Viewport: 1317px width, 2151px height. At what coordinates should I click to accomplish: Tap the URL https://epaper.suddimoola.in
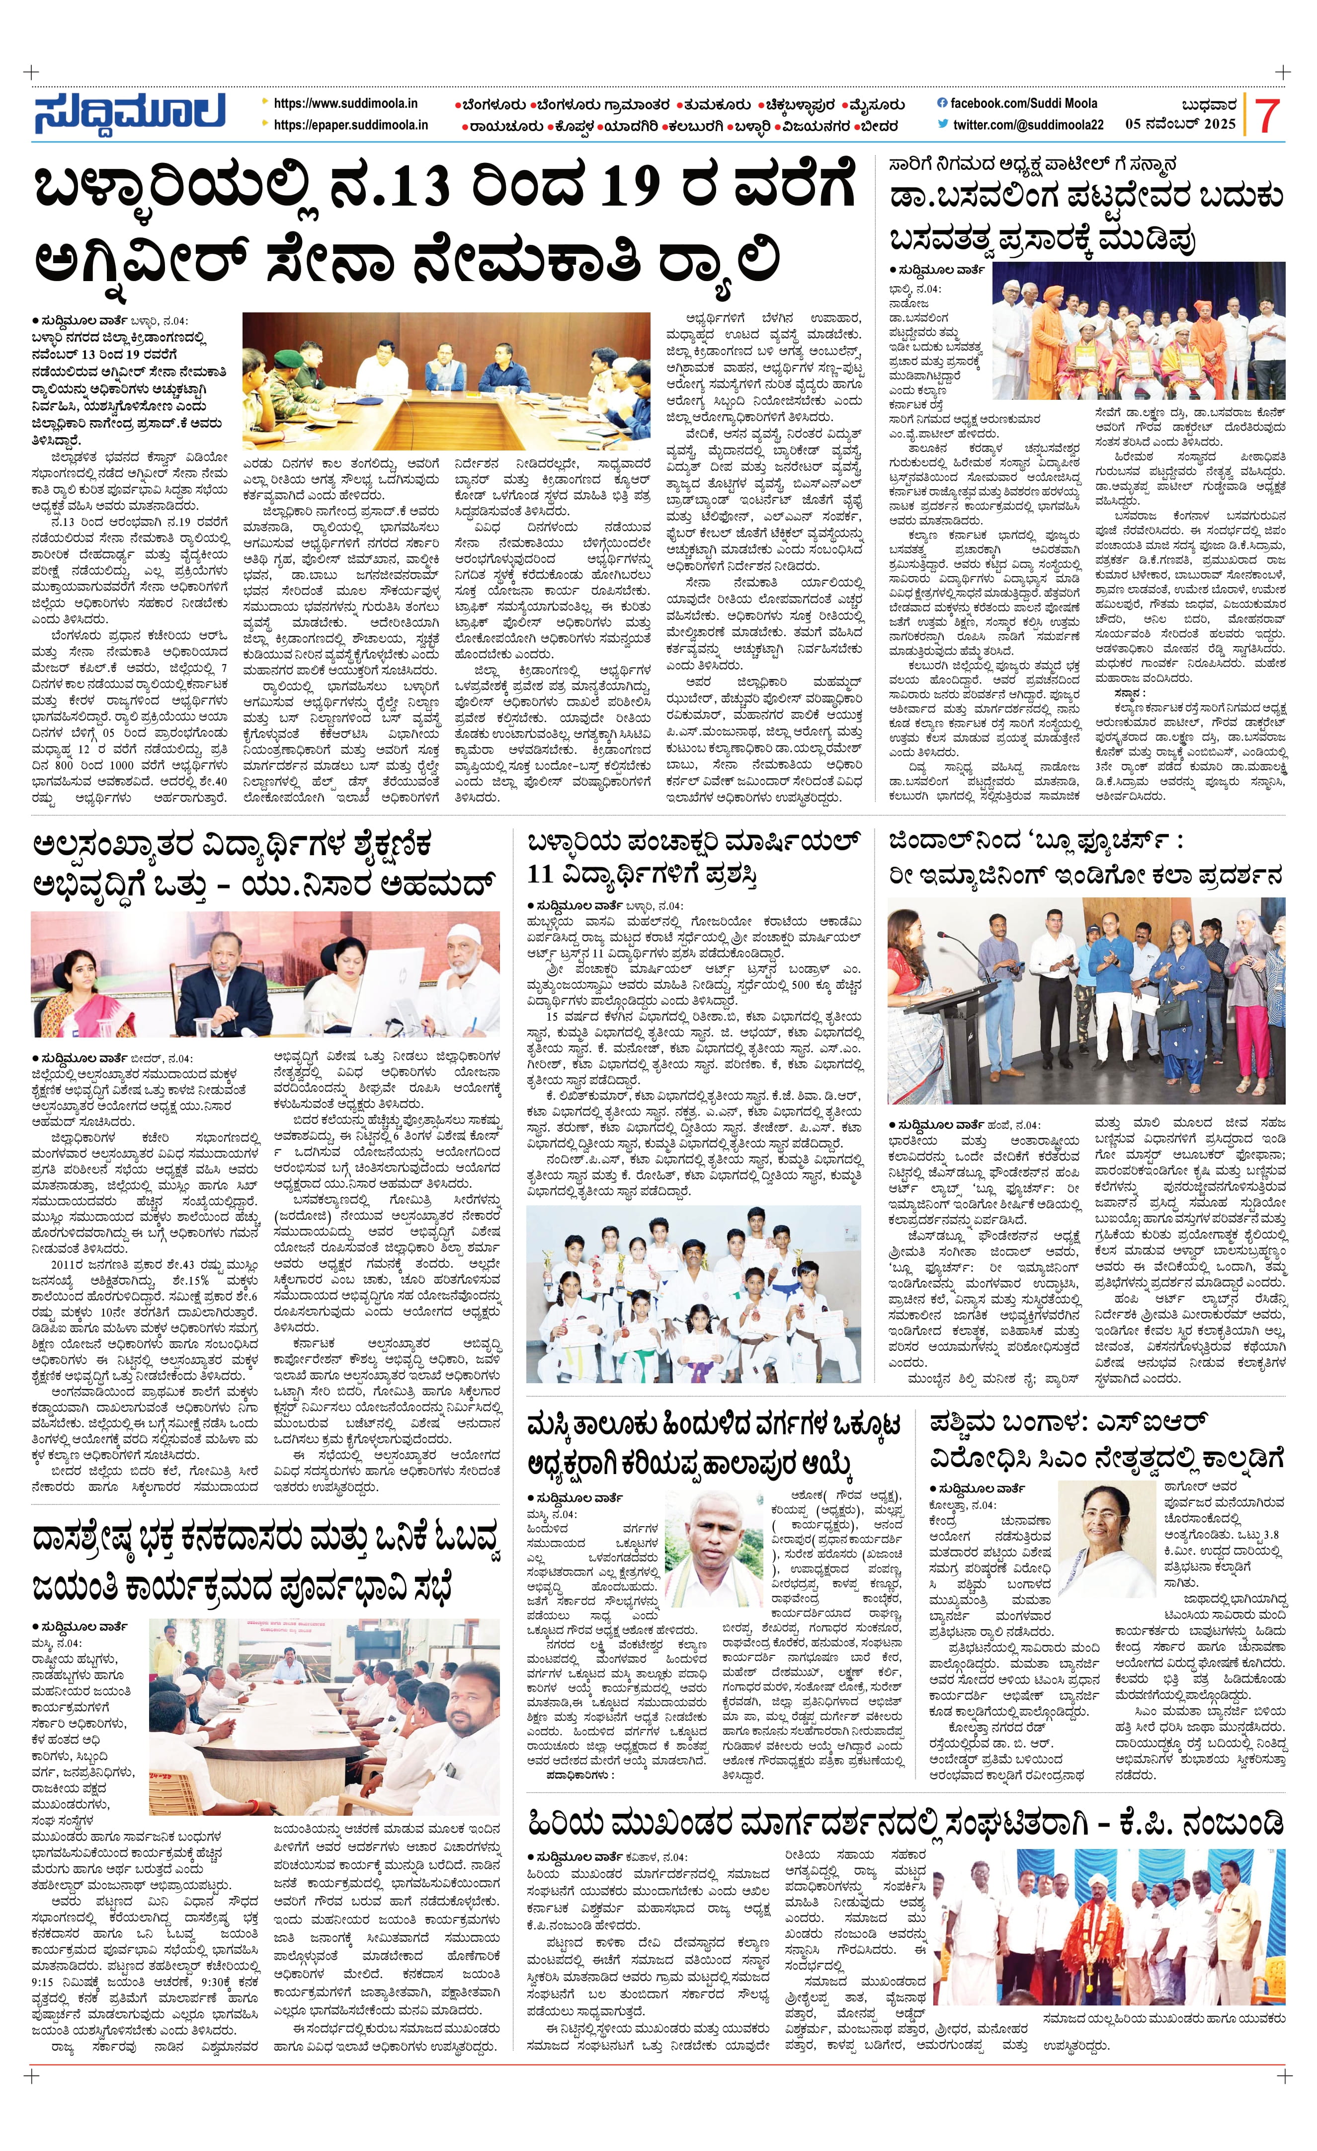click(x=350, y=125)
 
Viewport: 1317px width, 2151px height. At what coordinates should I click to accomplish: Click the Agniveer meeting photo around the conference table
click(x=446, y=380)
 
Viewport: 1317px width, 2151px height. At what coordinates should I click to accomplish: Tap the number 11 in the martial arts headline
click(x=542, y=874)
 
